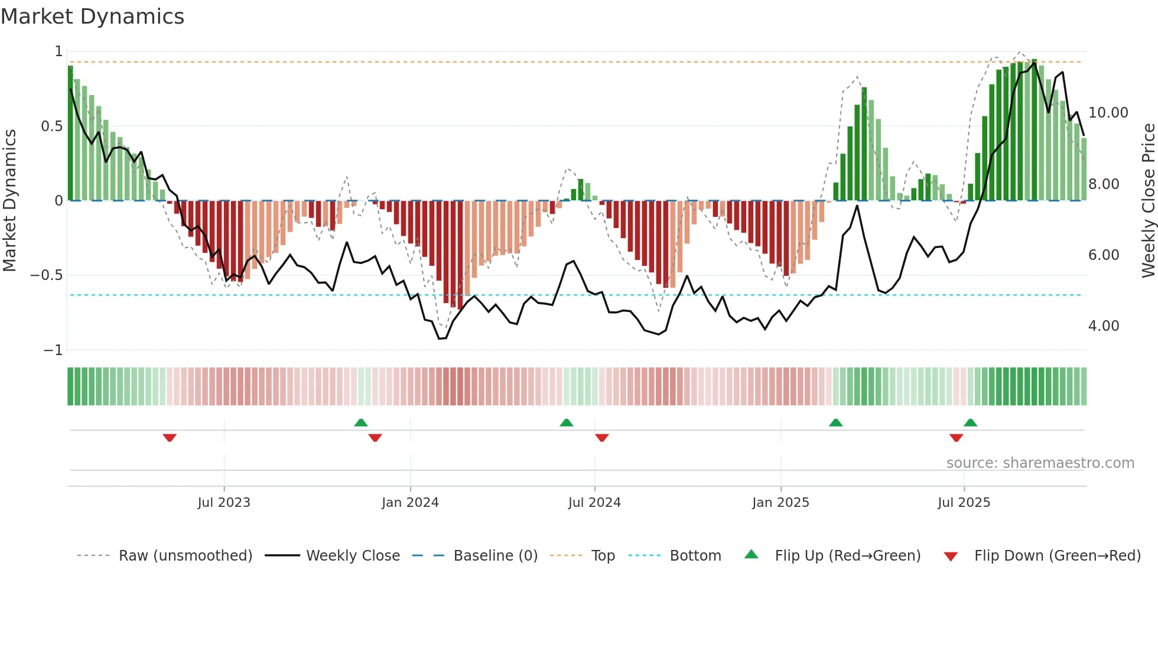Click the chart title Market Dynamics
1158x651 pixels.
point(92,17)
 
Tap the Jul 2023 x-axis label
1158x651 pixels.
point(224,503)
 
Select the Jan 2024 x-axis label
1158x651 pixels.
point(410,503)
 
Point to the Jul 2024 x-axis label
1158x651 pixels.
point(594,503)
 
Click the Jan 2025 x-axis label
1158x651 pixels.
point(780,503)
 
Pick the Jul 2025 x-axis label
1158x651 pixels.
point(964,503)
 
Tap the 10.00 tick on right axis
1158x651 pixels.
point(1108,113)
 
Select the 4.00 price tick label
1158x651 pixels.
point(1103,326)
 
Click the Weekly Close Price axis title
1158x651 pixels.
point(1148,201)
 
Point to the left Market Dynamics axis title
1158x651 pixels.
point(9,201)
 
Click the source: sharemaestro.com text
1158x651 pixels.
point(1040,463)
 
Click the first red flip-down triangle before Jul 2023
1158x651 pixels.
point(170,438)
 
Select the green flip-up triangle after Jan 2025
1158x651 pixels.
point(835,422)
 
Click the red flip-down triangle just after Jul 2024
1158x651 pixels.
point(602,438)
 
